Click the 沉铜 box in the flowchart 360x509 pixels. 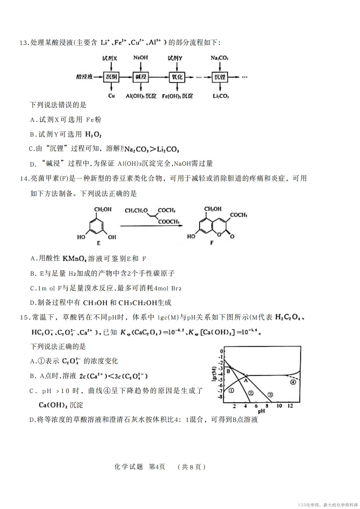pos(111,77)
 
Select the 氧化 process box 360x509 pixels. pos(177,77)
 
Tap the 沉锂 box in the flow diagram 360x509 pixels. pos(220,77)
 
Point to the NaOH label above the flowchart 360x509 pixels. pos(141,58)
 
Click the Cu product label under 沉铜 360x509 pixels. pos(111,96)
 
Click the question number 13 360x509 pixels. pos(24,43)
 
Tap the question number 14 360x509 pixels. pos(25,179)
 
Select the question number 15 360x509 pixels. pos(25,317)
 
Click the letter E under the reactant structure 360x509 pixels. pos(99,243)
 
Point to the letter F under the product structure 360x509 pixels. pos(212,243)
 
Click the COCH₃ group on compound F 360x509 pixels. pos(239,215)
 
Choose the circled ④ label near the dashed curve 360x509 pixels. pos(293,382)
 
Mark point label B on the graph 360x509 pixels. pos(228,371)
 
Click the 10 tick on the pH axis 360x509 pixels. pos(279,406)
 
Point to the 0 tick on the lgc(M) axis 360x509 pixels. pos(222,351)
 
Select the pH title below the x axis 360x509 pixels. pos(261,411)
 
